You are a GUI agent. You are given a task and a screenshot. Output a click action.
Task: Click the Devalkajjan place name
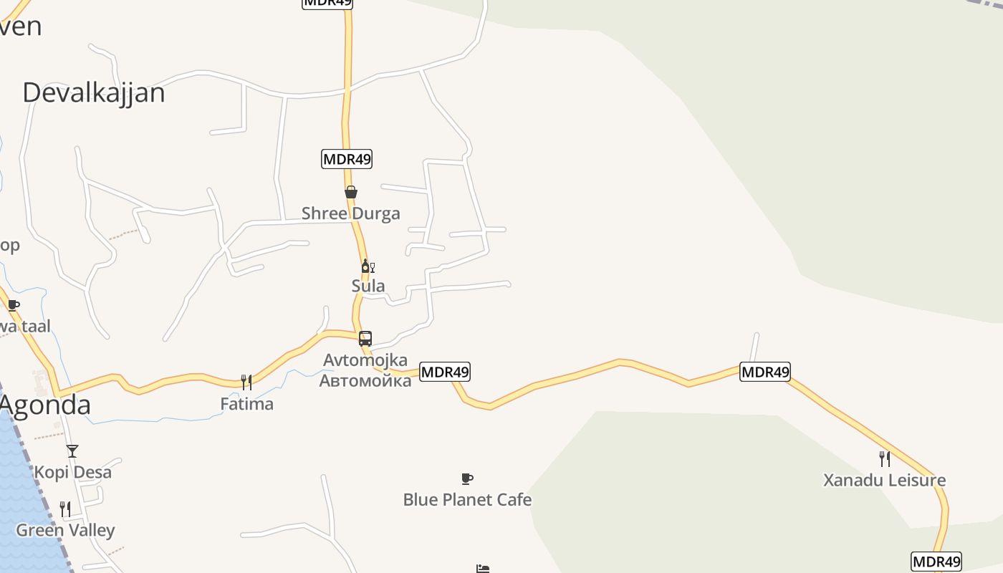tap(94, 93)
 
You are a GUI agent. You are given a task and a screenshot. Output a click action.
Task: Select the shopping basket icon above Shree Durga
tap(351, 192)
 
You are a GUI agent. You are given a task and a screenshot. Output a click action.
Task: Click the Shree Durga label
tap(350, 213)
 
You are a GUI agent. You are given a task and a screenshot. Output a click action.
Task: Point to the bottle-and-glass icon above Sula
tap(368, 266)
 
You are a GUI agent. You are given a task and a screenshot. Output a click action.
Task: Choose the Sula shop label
tap(368, 286)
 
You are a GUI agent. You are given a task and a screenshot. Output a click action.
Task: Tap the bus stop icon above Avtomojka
tap(365, 339)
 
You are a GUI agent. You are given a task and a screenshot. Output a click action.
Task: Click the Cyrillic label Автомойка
tap(365, 380)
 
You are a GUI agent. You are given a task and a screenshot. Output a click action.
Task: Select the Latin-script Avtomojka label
tap(365, 360)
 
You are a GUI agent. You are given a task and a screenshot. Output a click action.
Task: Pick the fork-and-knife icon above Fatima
tap(246, 382)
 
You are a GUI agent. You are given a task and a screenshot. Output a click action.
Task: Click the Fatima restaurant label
tap(246, 404)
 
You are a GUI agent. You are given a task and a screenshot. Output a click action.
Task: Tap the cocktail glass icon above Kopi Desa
tap(72, 451)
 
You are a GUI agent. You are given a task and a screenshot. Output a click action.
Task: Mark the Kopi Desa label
tap(73, 473)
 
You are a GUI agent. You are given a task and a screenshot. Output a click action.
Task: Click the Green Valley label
tap(65, 531)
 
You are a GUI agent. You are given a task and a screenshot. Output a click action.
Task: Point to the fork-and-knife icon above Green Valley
tap(65, 509)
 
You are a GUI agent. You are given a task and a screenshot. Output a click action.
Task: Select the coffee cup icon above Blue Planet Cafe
tap(467, 478)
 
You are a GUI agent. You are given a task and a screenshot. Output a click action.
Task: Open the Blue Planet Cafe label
tap(467, 500)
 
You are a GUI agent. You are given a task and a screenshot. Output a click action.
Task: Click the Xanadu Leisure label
tap(884, 481)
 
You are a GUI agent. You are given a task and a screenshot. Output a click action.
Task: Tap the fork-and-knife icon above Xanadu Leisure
tap(885, 459)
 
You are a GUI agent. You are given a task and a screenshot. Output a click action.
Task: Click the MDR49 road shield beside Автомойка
tap(445, 372)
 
